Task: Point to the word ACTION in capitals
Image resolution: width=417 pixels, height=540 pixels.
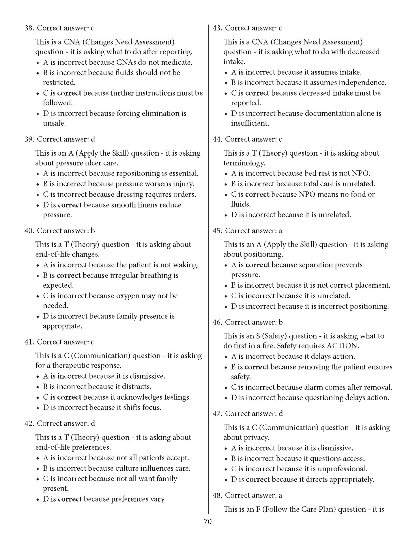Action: pos(342,346)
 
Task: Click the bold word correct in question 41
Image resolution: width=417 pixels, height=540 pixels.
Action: pos(69,397)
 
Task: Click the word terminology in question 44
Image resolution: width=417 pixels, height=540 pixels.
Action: pos(244,163)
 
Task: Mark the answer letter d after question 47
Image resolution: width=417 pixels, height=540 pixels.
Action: pos(281,414)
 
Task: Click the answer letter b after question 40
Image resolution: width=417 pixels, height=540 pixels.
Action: pos(93,231)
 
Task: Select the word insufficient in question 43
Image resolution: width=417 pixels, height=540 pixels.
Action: pos(250,123)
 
